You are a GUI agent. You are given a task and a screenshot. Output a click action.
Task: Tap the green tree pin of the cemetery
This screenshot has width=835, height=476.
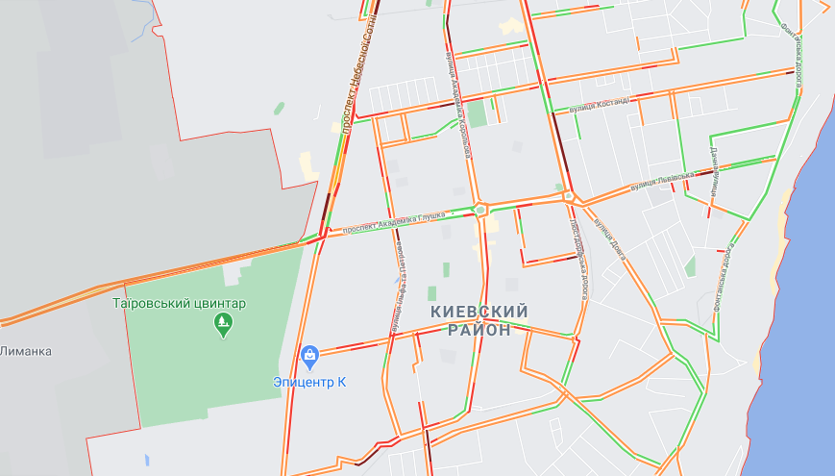224,327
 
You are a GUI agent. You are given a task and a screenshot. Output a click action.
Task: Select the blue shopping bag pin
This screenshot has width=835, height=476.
309,358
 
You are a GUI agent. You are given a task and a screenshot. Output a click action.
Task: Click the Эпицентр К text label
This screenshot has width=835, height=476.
308,382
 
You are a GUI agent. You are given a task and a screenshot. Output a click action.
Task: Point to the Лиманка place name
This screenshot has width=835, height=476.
25,351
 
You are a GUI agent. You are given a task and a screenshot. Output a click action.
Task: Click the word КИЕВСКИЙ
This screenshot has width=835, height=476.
479,312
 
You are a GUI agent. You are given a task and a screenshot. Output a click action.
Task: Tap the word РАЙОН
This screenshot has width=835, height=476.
479,330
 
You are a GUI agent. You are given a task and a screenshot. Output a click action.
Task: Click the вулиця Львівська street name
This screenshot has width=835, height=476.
663,180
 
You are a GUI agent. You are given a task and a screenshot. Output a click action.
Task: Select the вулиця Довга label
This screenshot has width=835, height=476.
609,238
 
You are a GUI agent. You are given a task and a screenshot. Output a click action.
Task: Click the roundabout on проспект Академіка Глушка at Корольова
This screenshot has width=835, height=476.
480,209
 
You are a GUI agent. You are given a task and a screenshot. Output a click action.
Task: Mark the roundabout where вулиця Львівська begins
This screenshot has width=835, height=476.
569,196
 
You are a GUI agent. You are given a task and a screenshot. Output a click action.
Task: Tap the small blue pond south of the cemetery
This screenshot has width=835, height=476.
146,460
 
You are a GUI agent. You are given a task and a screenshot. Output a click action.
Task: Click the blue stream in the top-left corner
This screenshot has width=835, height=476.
144,24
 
